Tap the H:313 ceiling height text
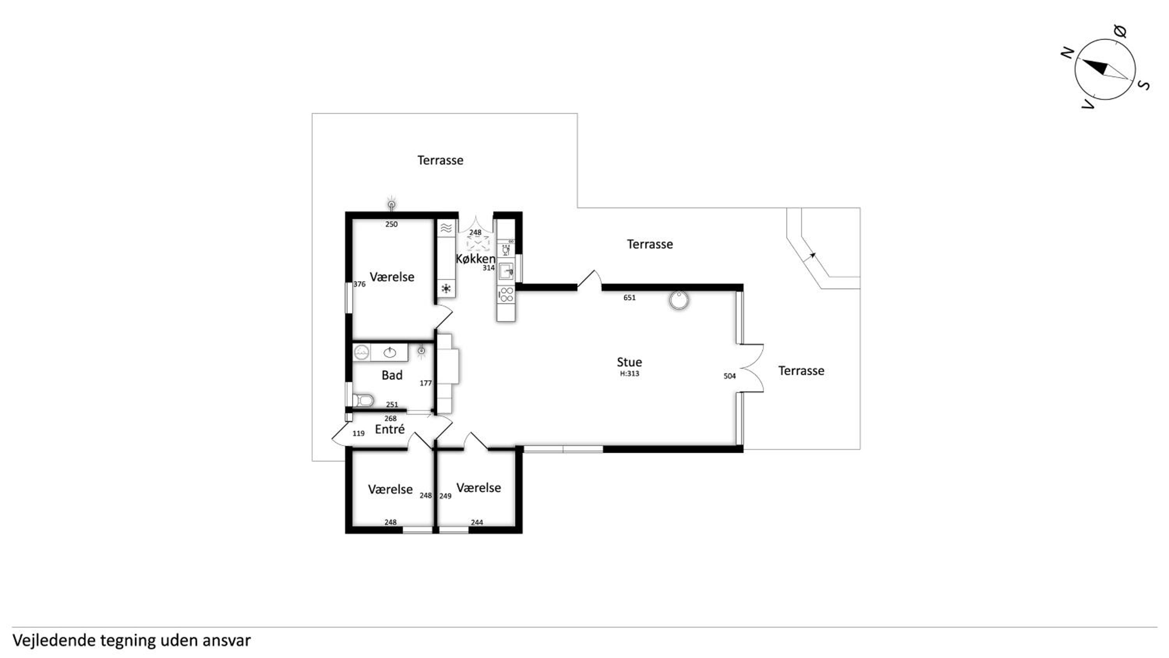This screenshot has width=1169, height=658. coord(629,374)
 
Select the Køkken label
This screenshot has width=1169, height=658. coord(475,259)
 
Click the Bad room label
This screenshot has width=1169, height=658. coord(392,375)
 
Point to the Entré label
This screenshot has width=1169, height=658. coord(390,429)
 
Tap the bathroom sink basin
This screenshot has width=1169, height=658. coord(390,352)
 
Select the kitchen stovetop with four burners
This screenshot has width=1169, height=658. coord(507,294)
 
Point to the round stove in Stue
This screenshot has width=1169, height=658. coord(678,300)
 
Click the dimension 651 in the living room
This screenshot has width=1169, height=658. coord(629,298)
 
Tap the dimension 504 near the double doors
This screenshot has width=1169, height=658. coord(729,376)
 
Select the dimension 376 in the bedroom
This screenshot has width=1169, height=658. coord(359,284)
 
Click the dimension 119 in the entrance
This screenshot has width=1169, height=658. coord(358,434)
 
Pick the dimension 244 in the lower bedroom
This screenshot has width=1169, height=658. coord(477,522)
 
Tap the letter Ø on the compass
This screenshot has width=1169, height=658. coord(1120,31)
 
